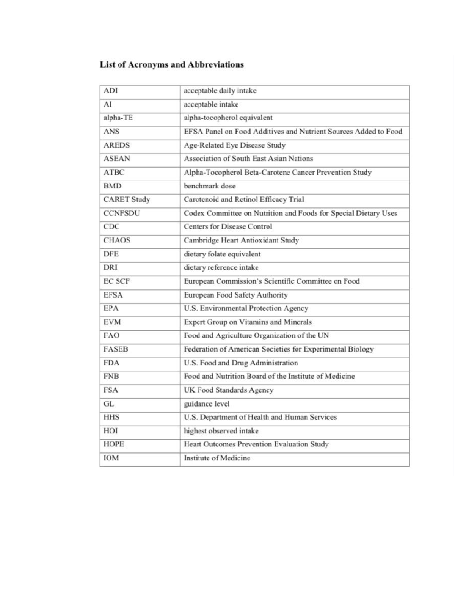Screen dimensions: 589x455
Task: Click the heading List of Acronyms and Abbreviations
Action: tap(171, 64)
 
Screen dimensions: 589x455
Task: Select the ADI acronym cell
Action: tap(111, 91)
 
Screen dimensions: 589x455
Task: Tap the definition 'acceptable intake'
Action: tap(211, 104)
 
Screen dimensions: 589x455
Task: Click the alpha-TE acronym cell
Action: tap(118, 118)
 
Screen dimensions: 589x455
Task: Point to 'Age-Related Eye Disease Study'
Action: tap(234, 145)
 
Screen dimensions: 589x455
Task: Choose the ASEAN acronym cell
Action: tap(116, 159)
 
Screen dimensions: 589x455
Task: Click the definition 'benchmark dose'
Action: tap(209, 186)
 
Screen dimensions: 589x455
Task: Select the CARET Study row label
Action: tap(127, 199)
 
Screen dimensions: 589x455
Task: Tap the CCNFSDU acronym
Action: tap(121, 213)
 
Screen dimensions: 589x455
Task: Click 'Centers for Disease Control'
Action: tap(228, 226)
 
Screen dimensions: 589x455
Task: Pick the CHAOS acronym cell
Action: tap(117, 240)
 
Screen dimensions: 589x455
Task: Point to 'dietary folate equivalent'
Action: tap(222, 254)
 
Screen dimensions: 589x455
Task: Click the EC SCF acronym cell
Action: tap(116, 281)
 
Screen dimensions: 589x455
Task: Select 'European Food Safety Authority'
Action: tap(235, 295)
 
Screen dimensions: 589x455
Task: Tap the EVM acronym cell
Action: tap(112, 322)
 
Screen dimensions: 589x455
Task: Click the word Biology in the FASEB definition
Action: tap(360, 349)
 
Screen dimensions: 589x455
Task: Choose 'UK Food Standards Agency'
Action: tap(228, 390)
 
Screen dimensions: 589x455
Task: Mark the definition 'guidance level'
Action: tap(206, 404)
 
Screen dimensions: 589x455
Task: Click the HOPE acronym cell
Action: tap(114, 444)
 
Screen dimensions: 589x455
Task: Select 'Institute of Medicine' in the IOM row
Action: tap(217, 458)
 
